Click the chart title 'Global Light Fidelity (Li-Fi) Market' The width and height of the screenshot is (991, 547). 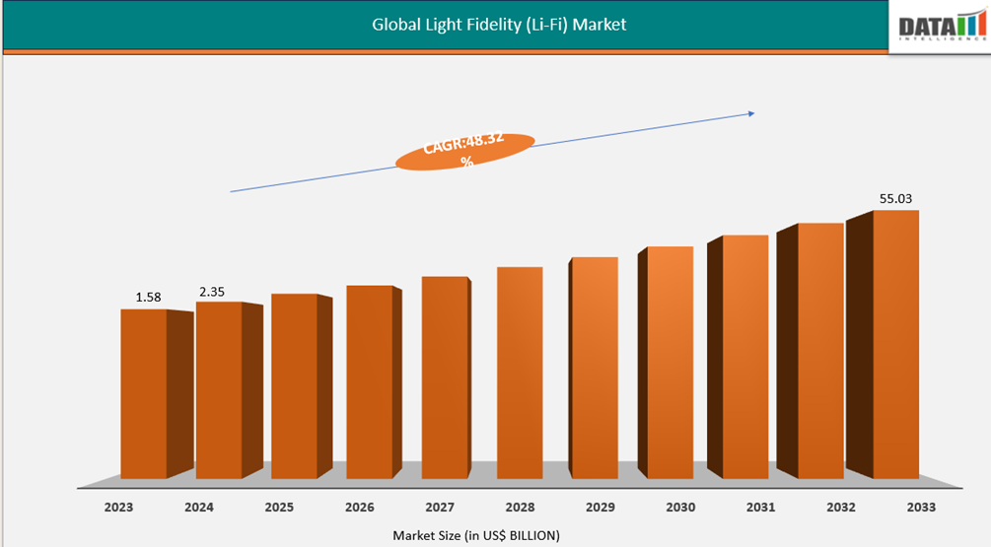(x=498, y=25)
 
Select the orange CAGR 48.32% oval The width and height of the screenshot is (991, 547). (x=464, y=152)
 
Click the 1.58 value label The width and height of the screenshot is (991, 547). (x=149, y=297)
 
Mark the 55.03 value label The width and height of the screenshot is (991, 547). (x=895, y=199)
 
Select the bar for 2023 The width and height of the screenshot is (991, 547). (x=144, y=394)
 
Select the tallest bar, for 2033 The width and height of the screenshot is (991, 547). (x=895, y=344)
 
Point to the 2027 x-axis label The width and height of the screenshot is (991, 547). (x=440, y=508)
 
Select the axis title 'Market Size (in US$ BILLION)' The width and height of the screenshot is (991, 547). (x=476, y=535)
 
